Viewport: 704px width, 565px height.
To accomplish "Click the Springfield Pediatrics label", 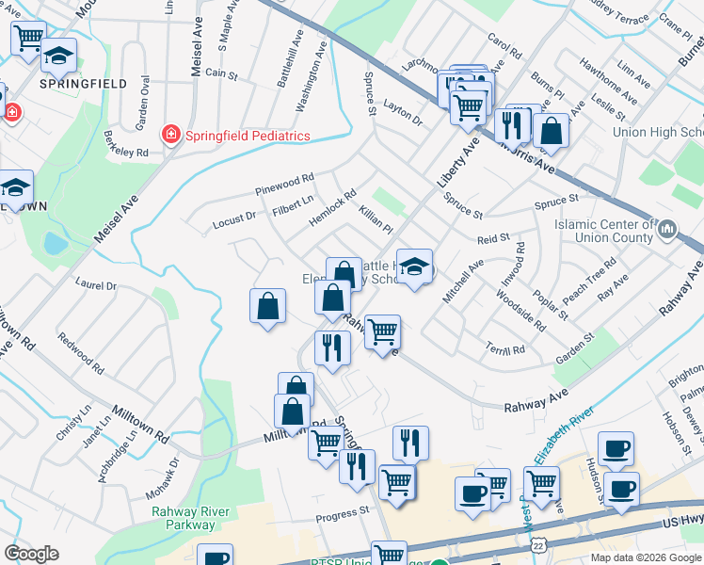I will pyautogui.click(x=247, y=136).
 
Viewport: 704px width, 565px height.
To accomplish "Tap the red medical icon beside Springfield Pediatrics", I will pyautogui.click(x=171, y=135).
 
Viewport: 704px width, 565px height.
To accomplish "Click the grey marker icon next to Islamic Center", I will pyautogui.click(x=667, y=229).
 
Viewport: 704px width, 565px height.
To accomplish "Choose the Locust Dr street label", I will pyautogui.click(x=234, y=220).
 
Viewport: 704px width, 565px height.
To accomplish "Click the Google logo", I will pyautogui.click(x=31, y=554).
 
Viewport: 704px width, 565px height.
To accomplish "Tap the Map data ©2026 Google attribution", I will pyautogui.click(x=645, y=557).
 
